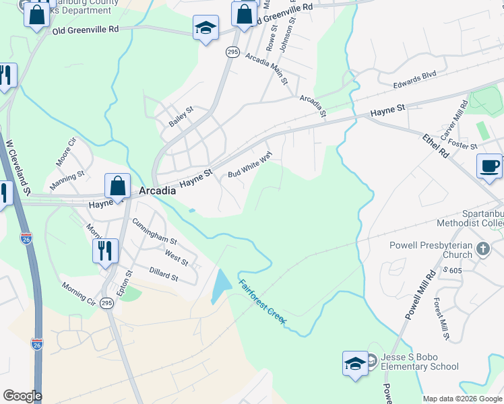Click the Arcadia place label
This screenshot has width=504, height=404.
tap(158, 191)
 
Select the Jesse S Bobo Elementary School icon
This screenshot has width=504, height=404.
tap(354, 365)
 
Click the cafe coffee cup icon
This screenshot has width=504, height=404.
tap(489, 166)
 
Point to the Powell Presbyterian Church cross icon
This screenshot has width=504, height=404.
tap(482, 250)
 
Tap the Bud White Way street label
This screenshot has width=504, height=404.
tap(249, 164)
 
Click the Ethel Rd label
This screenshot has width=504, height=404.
tap(435, 146)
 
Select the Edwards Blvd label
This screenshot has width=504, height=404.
tap(415, 80)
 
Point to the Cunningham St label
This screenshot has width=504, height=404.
tap(154, 232)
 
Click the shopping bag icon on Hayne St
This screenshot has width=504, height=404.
tap(117, 186)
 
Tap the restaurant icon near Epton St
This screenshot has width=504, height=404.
tap(105, 251)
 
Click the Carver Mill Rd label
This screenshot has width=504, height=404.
tap(454, 121)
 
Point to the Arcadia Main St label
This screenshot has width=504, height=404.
tap(266, 68)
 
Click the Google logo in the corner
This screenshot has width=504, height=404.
tap(22, 396)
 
